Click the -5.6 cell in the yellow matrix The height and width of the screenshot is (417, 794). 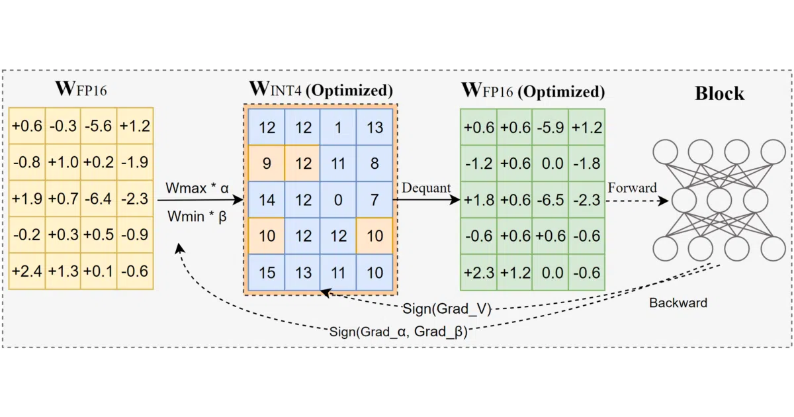click(99, 126)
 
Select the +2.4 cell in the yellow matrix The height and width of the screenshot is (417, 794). click(27, 271)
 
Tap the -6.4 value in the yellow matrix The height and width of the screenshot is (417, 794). click(99, 199)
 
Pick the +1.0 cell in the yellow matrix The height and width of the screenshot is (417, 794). click(63, 162)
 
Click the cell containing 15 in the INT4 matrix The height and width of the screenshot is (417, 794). click(267, 272)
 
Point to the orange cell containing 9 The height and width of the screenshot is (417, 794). click(267, 163)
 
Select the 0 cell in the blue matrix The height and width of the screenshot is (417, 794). click(338, 200)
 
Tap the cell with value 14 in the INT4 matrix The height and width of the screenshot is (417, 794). click(267, 200)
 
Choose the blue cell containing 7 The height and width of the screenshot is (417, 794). click(375, 200)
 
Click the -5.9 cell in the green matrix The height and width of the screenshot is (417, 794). click(551, 127)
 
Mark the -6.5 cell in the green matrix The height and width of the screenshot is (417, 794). click(551, 200)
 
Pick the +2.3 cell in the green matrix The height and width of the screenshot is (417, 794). click(479, 272)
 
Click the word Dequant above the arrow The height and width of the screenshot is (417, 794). click(426, 188)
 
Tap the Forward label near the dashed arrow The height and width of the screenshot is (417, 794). click(633, 187)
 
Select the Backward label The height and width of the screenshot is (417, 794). click(678, 303)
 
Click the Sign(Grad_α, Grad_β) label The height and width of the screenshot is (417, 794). click(398, 332)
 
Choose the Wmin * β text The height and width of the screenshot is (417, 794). click(197, 216)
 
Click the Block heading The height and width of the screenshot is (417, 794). click(720, 93)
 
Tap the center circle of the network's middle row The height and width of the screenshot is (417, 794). click(719, 201)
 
